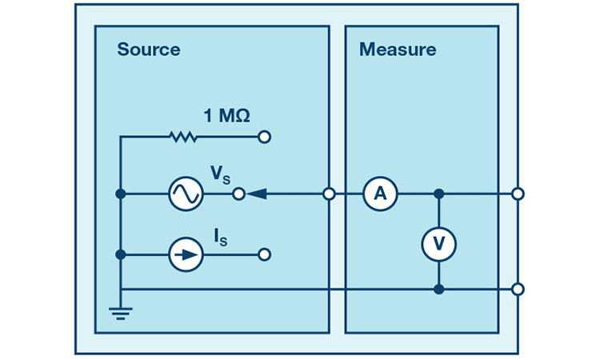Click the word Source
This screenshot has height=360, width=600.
point(148,50)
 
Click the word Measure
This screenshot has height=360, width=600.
point(398,50)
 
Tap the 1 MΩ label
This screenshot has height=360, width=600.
point(226,116)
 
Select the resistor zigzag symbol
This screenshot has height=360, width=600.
point(183,138)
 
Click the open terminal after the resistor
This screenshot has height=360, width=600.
point(265,138)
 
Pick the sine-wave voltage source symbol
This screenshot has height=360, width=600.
point(186,194)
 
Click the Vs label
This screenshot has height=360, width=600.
point(218,174)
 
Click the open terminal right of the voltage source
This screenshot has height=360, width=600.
point(238,194)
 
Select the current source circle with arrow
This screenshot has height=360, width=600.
point(186,255)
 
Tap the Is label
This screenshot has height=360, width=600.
point(218,236)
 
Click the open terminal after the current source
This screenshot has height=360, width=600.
point(265,255)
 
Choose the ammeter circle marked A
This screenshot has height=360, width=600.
point(380,194)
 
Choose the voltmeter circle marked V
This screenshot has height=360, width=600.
point(438,242)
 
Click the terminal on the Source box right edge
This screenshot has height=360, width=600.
point(329,194)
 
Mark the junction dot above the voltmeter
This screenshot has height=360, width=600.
point(438,194)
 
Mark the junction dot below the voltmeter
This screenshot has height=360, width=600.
point(438,289)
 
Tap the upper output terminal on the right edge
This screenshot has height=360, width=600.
point(518,194)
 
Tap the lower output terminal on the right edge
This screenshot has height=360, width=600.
point(518,289)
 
